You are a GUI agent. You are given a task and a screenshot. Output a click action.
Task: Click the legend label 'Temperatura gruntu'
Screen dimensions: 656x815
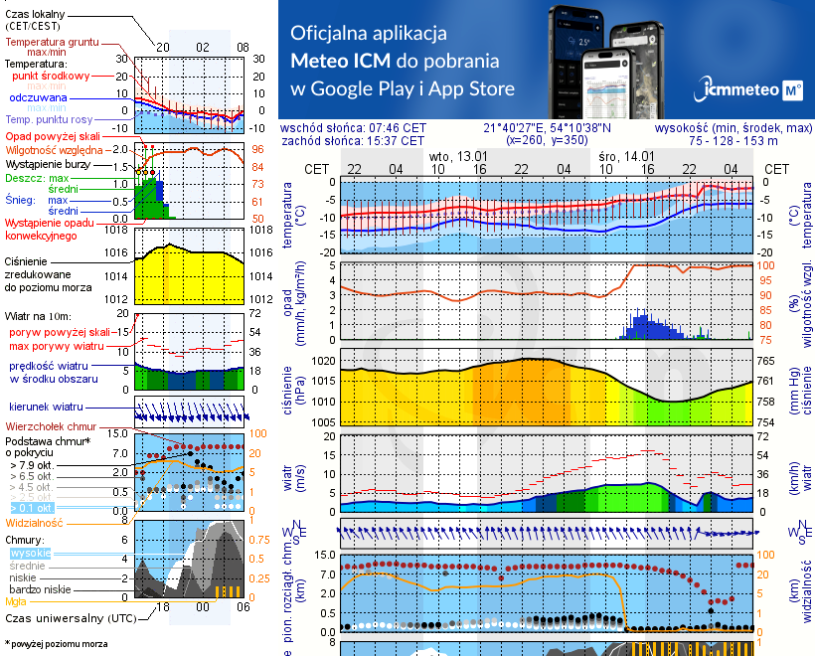click(53, 43)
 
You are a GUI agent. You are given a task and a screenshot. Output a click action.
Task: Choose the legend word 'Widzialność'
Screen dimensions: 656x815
click(35, 522)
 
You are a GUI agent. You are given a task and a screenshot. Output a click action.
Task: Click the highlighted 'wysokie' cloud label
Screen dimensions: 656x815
click(30, 552)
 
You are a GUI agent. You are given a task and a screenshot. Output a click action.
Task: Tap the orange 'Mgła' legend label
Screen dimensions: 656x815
click(16, 600)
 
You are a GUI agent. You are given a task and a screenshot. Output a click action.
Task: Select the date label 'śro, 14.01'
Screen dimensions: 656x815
click(627, 157)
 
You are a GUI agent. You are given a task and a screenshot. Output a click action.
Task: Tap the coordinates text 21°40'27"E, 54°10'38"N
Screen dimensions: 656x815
click(548, 128)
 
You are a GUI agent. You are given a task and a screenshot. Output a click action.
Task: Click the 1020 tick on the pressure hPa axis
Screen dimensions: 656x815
click(323, 361)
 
